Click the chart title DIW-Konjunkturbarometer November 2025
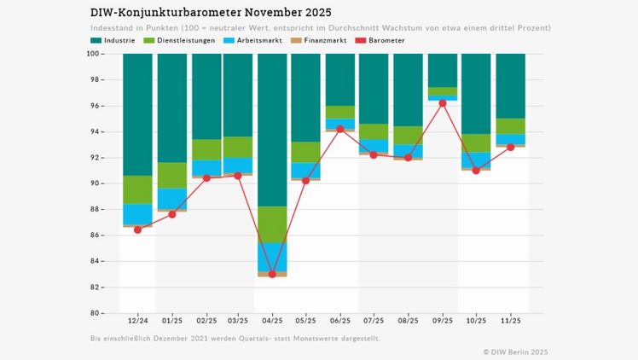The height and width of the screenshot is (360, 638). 211,13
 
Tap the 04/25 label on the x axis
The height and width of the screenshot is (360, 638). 272,321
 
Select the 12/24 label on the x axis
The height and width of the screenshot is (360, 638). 137,321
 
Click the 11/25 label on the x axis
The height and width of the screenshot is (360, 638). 510,321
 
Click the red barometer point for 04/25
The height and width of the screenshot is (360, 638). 272,274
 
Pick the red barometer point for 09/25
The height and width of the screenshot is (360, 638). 442,103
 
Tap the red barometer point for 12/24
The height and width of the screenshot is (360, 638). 137,229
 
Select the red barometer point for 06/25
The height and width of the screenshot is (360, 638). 340,129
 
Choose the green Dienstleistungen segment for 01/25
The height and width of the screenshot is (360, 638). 171,176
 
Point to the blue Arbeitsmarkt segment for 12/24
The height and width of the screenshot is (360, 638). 137,214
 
